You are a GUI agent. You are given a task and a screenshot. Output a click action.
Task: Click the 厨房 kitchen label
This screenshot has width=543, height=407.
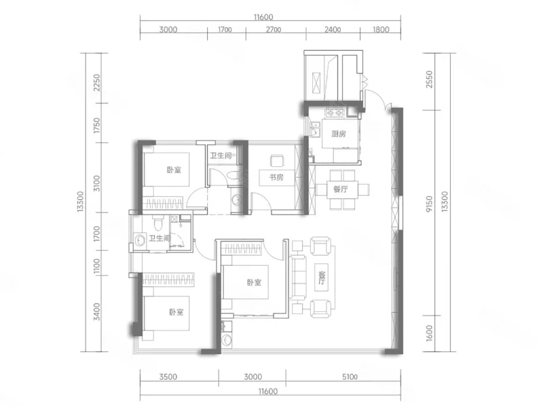click(x=338, y=134)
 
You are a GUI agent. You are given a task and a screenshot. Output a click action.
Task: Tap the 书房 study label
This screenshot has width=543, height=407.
click(x=276, y=178)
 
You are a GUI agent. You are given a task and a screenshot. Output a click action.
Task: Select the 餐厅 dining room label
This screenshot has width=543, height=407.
click(x=341, y=189)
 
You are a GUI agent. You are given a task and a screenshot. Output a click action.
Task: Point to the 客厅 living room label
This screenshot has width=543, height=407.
click(x=322, y=277)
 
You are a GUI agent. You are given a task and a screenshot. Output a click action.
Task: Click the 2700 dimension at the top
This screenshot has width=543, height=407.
click(x=274, y=30)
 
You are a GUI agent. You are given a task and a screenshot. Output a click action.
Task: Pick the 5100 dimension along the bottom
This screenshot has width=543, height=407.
click(x=350, y=377)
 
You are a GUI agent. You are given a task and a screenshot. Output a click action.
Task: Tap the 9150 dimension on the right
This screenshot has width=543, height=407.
click(x=429, y=203)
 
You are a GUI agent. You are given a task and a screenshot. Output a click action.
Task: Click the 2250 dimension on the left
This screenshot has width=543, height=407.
click(x=96, y=83)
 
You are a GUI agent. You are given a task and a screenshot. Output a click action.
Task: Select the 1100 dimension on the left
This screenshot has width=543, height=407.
click(x=96, y=267)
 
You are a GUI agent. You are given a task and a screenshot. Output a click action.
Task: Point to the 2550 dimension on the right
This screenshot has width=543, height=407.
click(x=429, y=79)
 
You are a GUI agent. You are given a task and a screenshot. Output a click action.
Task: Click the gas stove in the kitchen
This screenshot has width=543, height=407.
click(x=334, y=113)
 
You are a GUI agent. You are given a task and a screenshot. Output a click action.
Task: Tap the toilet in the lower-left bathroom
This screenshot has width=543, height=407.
click(x=158, y=223)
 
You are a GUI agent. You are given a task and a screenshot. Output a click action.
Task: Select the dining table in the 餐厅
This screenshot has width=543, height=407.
click(x=342, y=189)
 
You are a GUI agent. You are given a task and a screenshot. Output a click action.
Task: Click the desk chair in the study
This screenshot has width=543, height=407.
click(x=277, y=161)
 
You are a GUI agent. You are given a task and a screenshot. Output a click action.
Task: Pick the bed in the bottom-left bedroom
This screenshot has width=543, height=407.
click(x=166, y=313)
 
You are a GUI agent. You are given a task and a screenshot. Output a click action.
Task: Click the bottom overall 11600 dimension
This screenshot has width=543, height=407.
click(x=268, y=391)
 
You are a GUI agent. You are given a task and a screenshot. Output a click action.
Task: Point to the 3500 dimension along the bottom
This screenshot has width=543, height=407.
click(x=168, y=377)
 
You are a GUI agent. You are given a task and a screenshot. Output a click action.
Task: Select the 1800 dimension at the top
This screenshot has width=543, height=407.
click(x=381, y=30)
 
